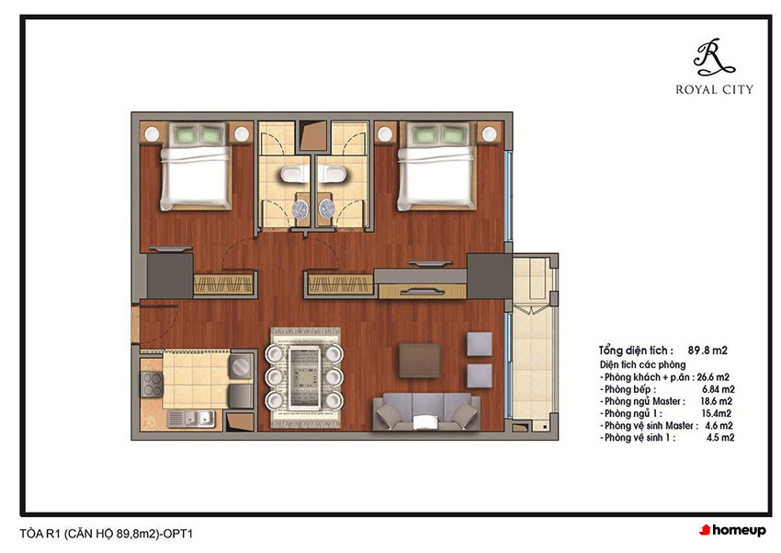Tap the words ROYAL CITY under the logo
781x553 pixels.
pos(714,90)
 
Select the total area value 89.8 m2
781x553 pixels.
pos(707,351)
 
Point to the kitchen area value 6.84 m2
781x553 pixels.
pos(719,389)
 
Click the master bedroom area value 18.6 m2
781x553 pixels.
pos(717,401)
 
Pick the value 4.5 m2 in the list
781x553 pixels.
pos(720,438)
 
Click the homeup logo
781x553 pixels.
pos(732,530)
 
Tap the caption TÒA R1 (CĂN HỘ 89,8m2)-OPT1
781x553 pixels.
pos(106,534)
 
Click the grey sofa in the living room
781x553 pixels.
pos(426,412)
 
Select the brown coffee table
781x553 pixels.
pos(419,360)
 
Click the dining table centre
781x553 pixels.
pos(304,377)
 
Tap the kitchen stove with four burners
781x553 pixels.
pos(152,385)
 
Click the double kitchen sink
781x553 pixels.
pos(191,419)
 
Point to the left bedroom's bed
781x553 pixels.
pos(195,167)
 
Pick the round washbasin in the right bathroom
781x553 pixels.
pos(327,209)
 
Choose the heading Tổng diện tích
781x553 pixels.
pos(636,351)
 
